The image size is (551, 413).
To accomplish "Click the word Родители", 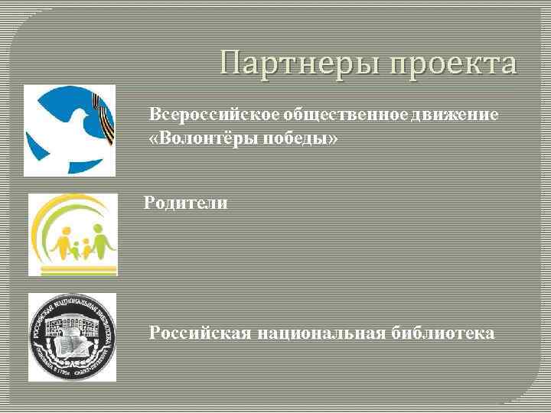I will (187, 203).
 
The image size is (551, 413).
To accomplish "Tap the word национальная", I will (315, 333).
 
